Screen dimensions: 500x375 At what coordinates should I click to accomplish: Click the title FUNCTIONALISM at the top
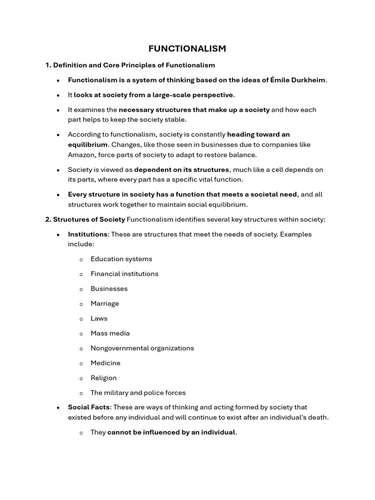pyautogui.click(x=187, y=48)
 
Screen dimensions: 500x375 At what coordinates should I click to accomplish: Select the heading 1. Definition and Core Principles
pyautogui.click(x=130, y=65)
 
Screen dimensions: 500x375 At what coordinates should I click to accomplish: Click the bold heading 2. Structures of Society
pyautogui.click(x=85, y=219)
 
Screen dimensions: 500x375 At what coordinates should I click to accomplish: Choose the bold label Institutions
pyautogui.click(x=88, y=234)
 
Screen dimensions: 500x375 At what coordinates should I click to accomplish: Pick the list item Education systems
pyautogui.click(x=121, y=259)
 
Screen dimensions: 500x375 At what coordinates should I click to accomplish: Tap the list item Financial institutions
pyautogui.click(x=125, y=274)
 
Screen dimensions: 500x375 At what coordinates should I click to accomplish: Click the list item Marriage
pyautogui.click(x=104, y=304)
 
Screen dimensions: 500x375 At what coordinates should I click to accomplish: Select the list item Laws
pyautogui.click(x=99, y=318)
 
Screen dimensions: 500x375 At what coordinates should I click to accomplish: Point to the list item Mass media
pyautogui.click(x=110, y=333)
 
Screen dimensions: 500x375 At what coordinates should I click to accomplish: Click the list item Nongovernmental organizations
pyautogui.click(x=142, y=348)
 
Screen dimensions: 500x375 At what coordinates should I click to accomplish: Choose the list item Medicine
pyautogui.click(x=105, y=363)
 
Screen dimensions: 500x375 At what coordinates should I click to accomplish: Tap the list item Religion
pyautogui.click(x=104, y=378)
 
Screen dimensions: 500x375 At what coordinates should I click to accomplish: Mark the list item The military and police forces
pyautogui.click(x=138, y=393)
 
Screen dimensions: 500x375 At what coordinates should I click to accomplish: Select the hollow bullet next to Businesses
pyautogui.click(x=81, y=289)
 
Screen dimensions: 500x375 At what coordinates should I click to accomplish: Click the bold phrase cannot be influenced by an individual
pyautogui.click(x=171, y=433)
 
